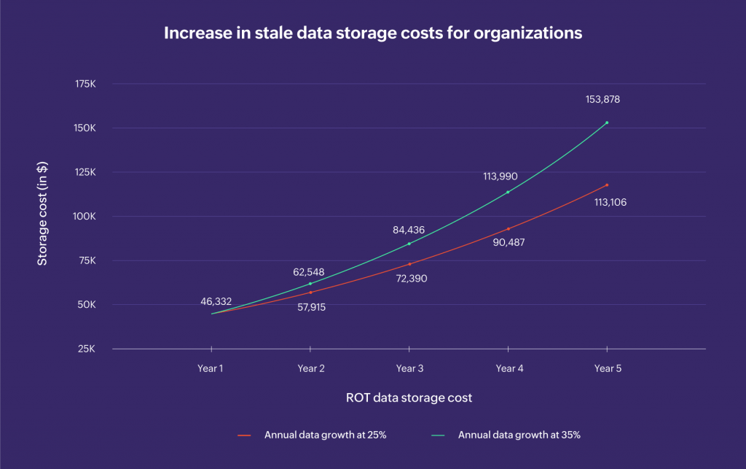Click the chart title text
[372, 34]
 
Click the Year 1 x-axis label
[210, 369]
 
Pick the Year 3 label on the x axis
[409, 369]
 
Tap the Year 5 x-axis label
[608, 369]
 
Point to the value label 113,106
[610, 203]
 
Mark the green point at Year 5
[607, 123]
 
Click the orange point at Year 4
[508, 229]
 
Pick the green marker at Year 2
[310, 284]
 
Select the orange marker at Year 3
[409, 264]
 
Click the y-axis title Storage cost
[42, 217]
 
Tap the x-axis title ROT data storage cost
[409, 398]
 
